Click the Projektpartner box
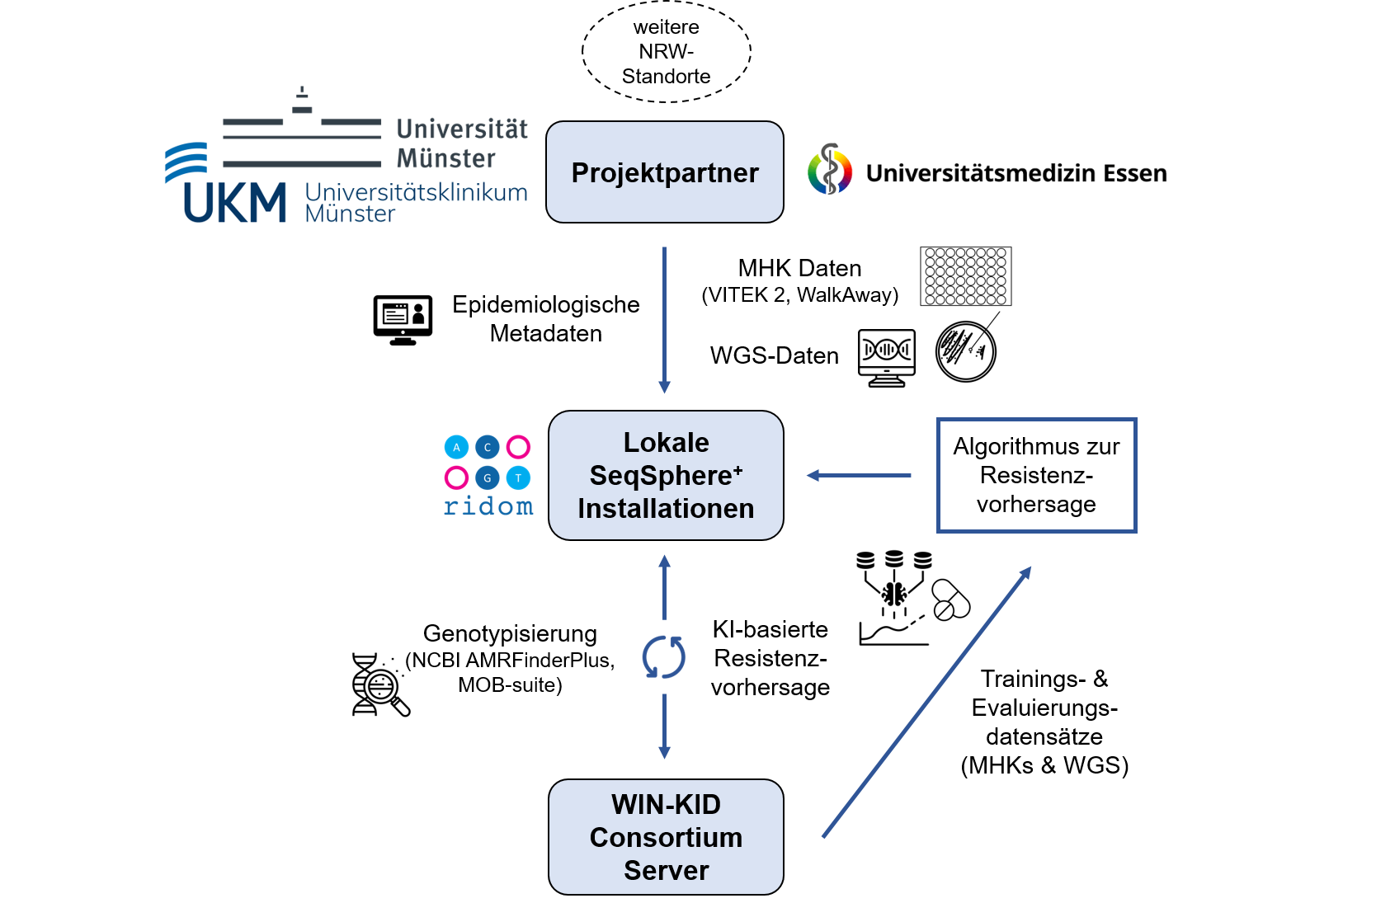tap(665, 172)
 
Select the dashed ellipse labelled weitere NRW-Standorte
tap(667, 52)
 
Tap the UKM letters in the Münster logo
tap(234, 203)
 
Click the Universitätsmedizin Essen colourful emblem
tap(830, 170)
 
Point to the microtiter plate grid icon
tap(966, 276)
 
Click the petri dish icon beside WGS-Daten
tap(966, 351)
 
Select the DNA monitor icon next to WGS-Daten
tap(887, 357)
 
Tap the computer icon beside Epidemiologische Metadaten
tap(403, 320)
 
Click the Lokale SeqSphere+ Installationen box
tap(666, 476)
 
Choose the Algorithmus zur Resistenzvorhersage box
tap(1036, 475)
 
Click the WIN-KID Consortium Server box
tap(666, 837)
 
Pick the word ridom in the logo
tap(488, 506)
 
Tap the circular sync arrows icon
tap(664, 657)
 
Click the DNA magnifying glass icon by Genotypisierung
tap(379, 684)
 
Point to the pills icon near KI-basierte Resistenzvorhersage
tap(951, 600)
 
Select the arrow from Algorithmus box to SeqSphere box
tap(859, 476)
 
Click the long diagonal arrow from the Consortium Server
tap(927, 703)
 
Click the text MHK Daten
tap(799, 268)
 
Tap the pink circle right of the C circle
tap(518, 447)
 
